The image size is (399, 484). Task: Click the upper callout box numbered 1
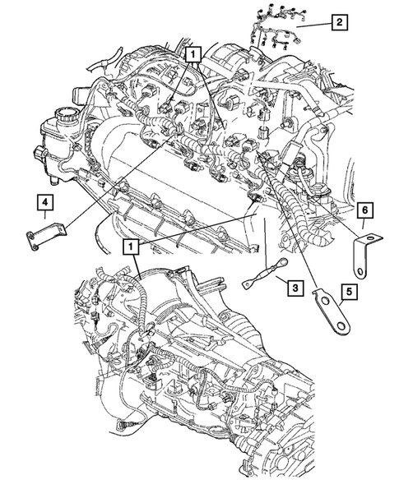pos(193,55)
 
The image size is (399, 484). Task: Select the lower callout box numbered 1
pos(130,245)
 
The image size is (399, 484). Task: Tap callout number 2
pos(337,22)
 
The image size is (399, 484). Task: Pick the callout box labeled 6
pos(364,211)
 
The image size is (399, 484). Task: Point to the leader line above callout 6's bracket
pos(364,228)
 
